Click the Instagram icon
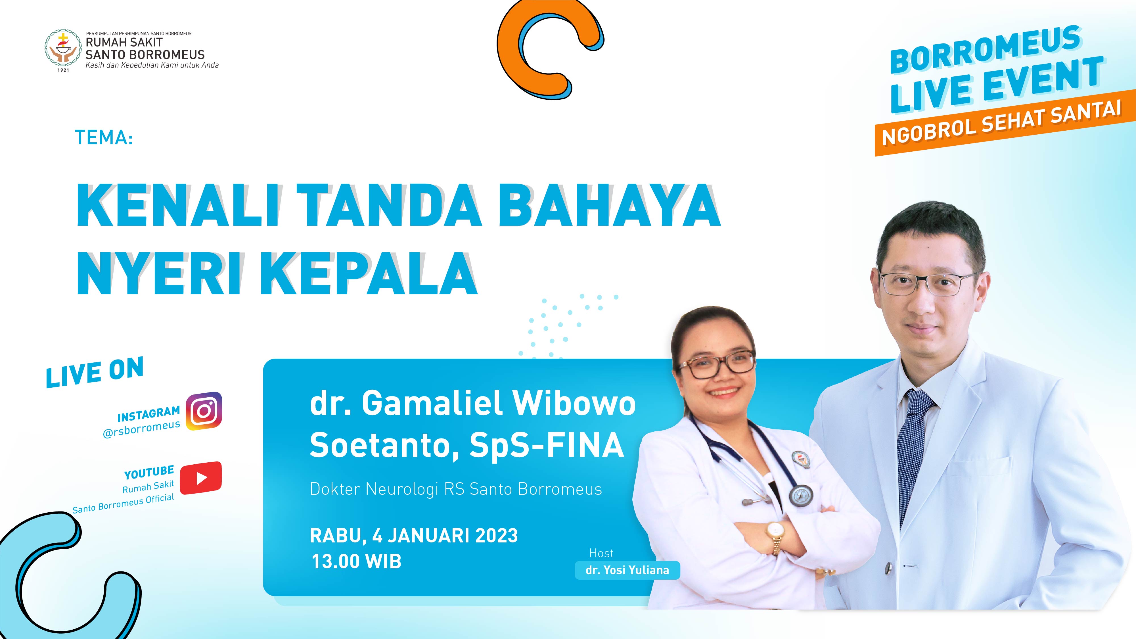coord(204,411)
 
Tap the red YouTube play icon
coord(201,478)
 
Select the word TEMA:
coord(104,137)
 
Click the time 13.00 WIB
coord(356,562)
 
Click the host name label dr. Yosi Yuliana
coord(627,570)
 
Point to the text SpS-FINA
coord(547,445)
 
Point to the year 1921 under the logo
coord(64,70)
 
